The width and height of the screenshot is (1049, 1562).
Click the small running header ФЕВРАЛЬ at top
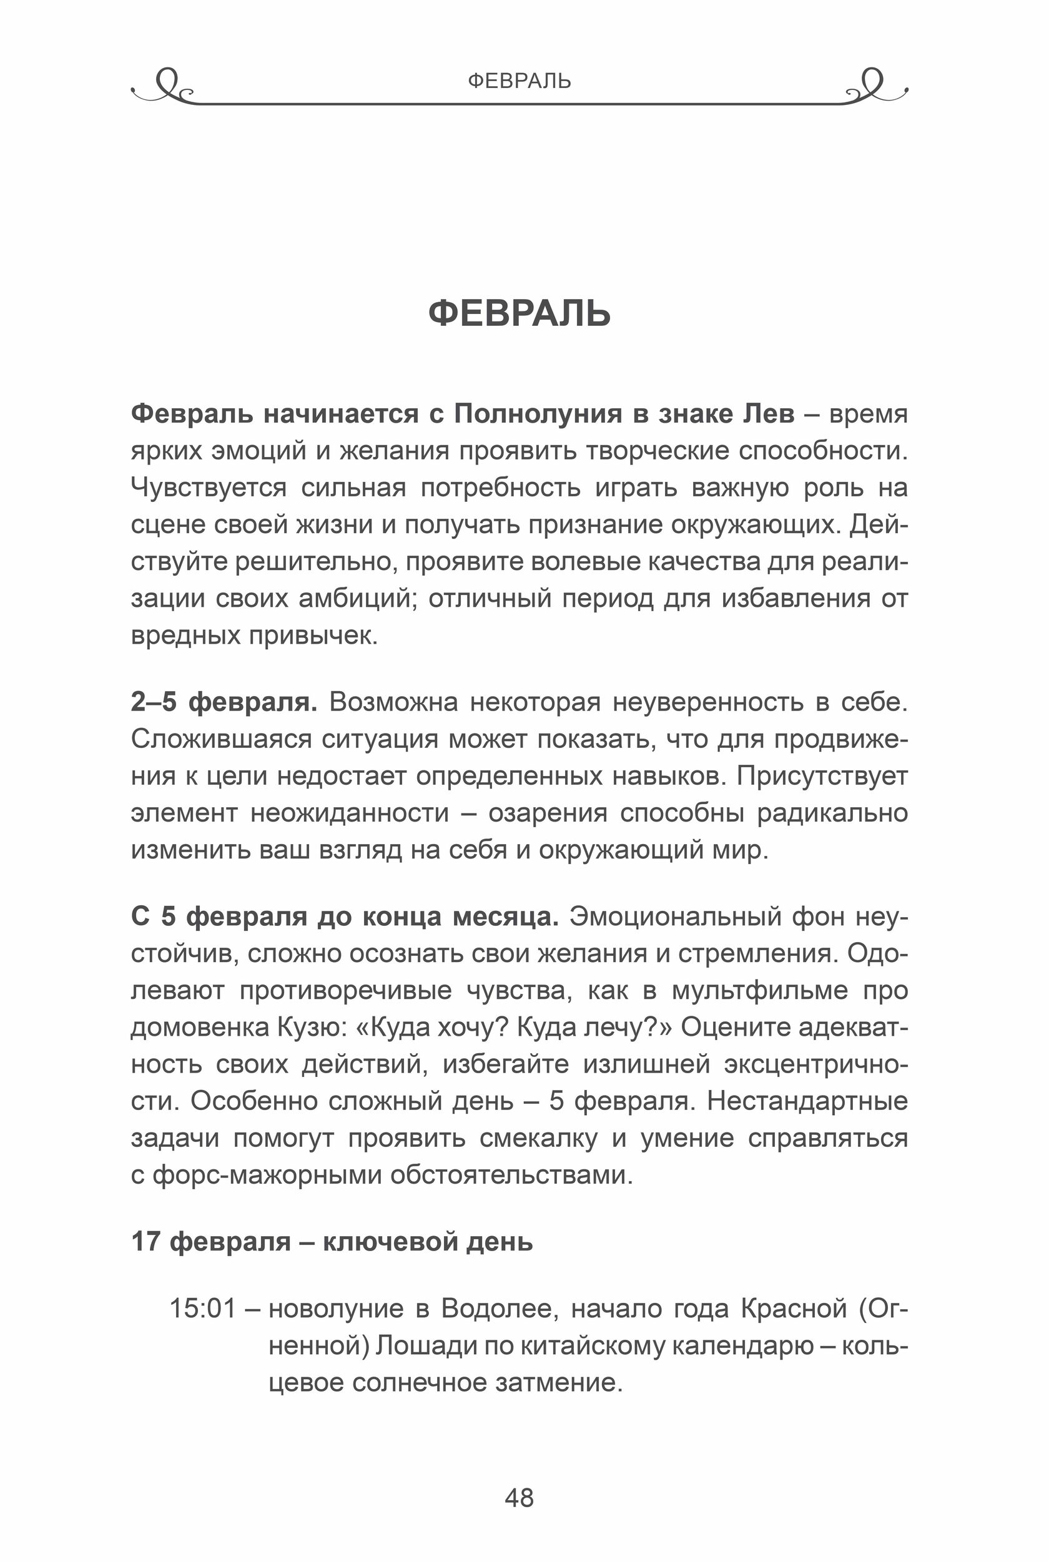coord(519,81)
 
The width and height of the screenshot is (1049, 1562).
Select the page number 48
coord(519,1498)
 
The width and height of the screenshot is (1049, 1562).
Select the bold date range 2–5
coord(153,702)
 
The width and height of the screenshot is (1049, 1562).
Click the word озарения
coord(548,813)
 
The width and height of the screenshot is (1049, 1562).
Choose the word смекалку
coord(538,1137)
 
